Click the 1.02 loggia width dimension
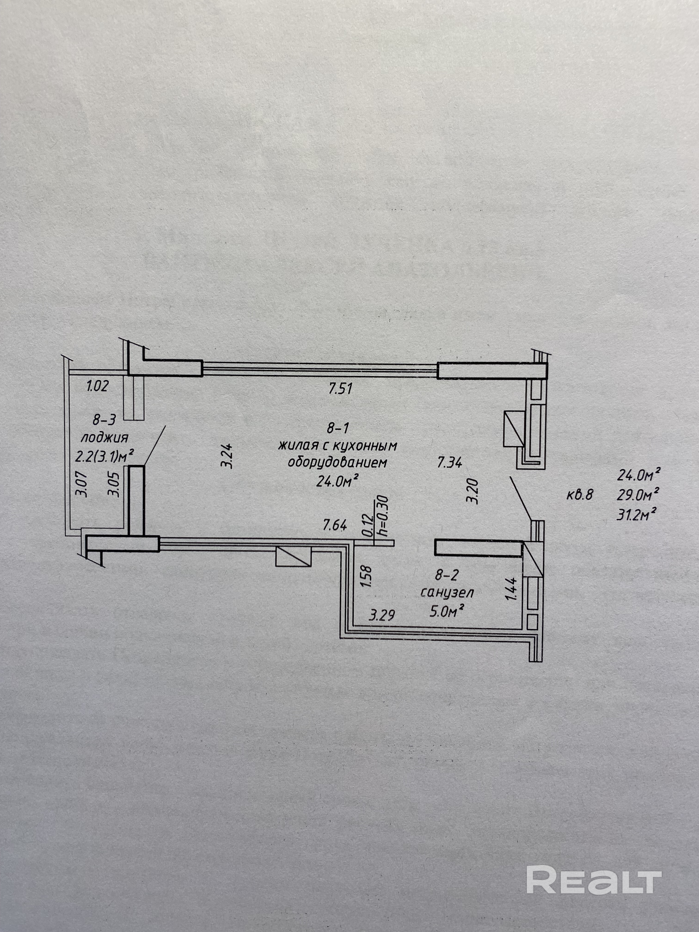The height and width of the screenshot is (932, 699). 97,386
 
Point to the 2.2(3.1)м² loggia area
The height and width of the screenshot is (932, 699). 104,456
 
